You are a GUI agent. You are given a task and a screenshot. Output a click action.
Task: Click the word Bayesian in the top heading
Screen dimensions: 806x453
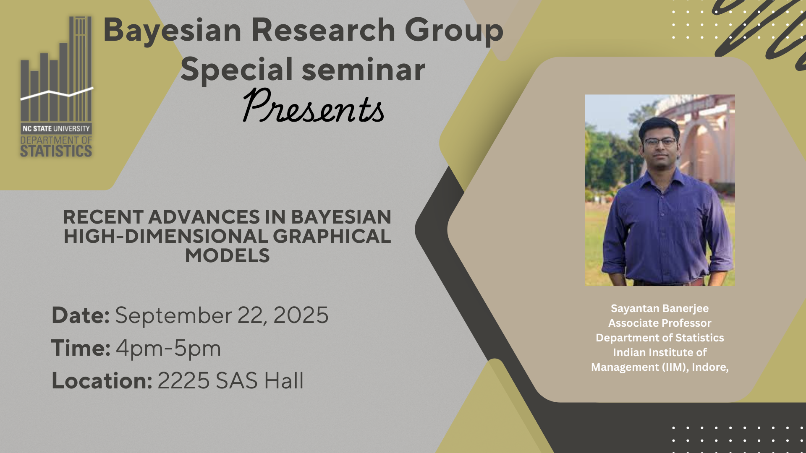173,30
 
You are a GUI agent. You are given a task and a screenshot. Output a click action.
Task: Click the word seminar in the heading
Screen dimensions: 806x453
364,69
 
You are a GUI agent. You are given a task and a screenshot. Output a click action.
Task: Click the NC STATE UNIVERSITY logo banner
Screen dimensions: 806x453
56,128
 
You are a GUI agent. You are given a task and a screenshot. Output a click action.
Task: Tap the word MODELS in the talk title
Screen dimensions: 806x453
228,255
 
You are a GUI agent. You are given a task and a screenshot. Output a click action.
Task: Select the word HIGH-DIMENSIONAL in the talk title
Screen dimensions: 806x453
166,236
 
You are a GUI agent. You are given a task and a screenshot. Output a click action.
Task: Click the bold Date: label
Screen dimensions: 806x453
81,315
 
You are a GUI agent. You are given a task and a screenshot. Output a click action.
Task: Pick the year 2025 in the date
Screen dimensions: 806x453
301,315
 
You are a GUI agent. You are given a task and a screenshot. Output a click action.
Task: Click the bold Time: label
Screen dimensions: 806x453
81,348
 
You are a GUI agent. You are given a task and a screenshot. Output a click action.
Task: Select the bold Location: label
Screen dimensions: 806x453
102,380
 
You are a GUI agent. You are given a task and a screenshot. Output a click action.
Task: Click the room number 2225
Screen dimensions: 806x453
183,381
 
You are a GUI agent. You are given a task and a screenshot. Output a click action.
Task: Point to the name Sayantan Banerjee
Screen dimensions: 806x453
659,309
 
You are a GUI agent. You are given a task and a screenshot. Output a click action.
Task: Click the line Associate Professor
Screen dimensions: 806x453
659,323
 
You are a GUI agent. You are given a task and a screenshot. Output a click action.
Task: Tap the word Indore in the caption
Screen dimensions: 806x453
710,367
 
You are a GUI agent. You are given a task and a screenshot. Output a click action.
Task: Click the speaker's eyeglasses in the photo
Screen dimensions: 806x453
660,142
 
